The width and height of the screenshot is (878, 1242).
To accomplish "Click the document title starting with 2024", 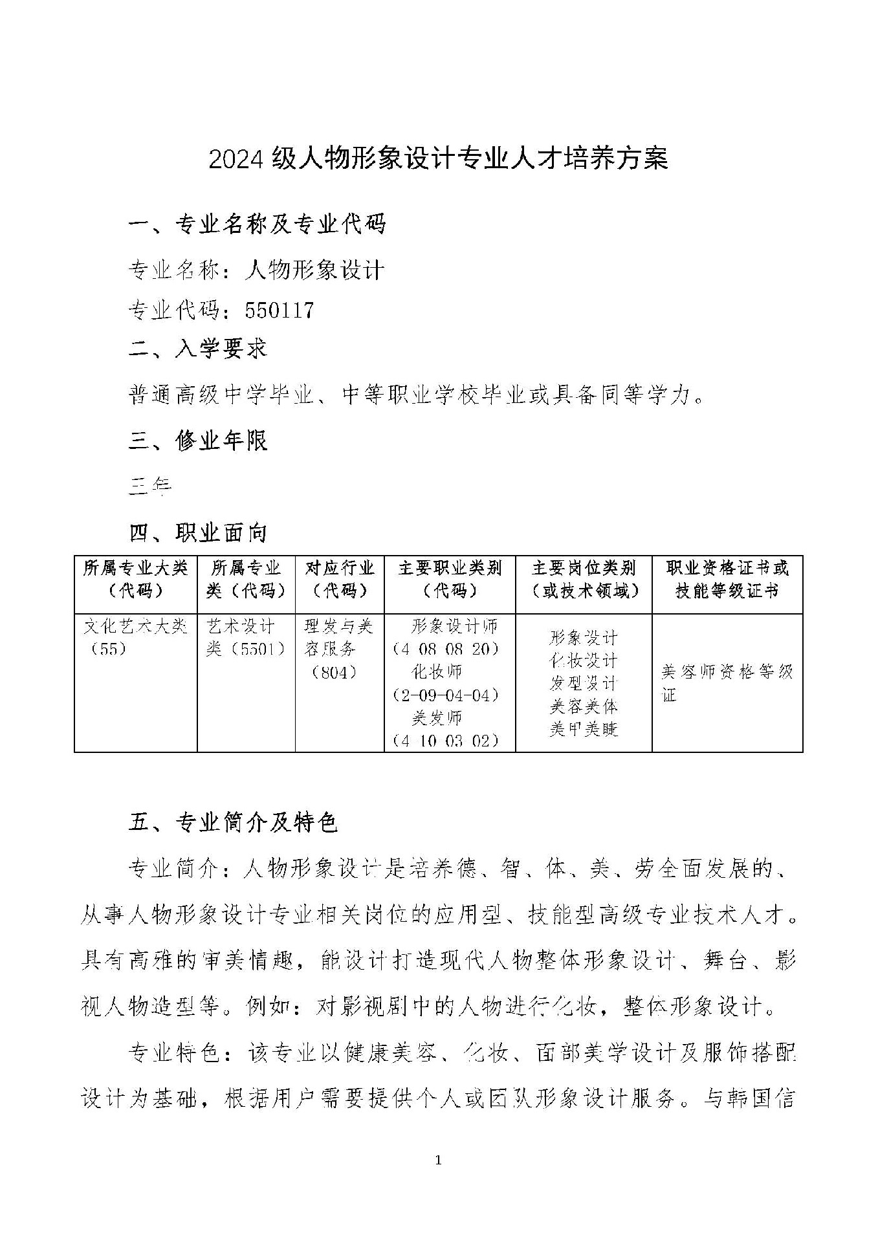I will point(438,159).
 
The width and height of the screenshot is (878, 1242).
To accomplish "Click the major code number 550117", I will point(280,310).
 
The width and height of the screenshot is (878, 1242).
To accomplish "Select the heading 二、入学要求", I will point(198,349).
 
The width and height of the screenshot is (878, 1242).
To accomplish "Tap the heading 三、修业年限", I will point(198,441).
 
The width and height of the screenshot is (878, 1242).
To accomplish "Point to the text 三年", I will point(150,485).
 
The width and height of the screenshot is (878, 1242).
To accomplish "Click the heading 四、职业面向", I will point(198,533).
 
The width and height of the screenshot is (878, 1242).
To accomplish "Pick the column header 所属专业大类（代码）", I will point(135,580).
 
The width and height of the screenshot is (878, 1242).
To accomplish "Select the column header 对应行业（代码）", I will point(340,580).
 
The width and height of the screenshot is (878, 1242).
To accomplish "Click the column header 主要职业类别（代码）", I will point(450,580).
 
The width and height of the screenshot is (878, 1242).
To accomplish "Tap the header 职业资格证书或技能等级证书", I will point(727,580).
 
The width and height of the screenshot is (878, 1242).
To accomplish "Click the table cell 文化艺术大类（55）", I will point(135,637).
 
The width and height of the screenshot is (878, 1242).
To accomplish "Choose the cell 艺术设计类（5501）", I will point(245,637).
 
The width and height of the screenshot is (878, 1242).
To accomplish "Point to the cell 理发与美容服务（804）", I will point(339,649).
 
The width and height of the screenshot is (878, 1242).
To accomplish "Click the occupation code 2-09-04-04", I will point(446,695).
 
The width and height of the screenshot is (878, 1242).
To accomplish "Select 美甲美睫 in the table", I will point(584,730).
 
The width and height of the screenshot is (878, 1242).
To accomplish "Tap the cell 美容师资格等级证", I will point(727,683).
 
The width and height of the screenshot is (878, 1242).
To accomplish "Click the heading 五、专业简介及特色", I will point(234,822).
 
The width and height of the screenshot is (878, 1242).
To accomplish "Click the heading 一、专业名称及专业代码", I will point(258,224).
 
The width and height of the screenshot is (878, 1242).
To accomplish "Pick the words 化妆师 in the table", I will point(437,672).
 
